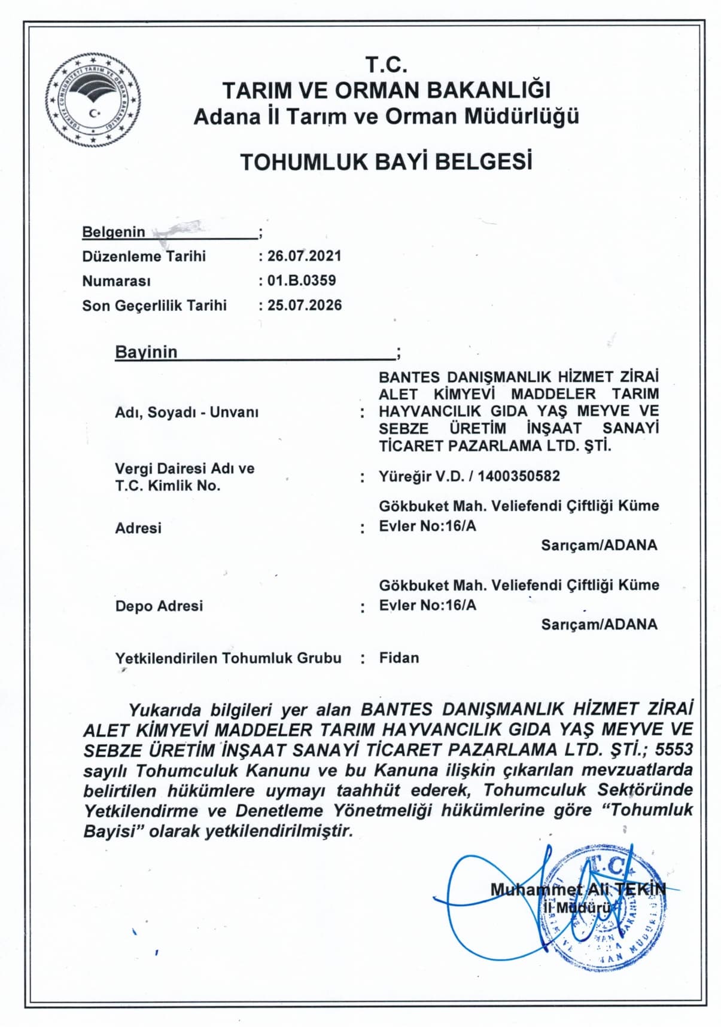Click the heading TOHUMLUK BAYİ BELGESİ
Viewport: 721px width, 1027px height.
386,162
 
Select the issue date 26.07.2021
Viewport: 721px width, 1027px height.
305,256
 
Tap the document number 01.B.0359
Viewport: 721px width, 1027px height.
302,280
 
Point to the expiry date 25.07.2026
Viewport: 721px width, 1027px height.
305,305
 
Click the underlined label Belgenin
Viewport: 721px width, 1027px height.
114,232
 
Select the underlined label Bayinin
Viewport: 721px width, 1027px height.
146,352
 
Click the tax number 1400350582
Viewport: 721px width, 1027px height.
519,476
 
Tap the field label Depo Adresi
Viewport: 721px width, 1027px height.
159,606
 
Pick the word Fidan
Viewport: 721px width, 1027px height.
399,658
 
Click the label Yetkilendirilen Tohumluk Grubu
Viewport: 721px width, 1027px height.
228,658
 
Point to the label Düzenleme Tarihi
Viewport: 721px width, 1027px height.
144,256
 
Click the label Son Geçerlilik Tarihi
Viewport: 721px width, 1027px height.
154,305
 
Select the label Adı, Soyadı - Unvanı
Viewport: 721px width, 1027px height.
187,412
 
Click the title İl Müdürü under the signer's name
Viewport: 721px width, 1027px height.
576,908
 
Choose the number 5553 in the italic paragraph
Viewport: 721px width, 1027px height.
674,749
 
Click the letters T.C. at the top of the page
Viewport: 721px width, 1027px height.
386,64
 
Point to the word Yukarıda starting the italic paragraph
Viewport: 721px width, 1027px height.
166,710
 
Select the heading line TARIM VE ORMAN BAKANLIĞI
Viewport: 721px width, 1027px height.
386,90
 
